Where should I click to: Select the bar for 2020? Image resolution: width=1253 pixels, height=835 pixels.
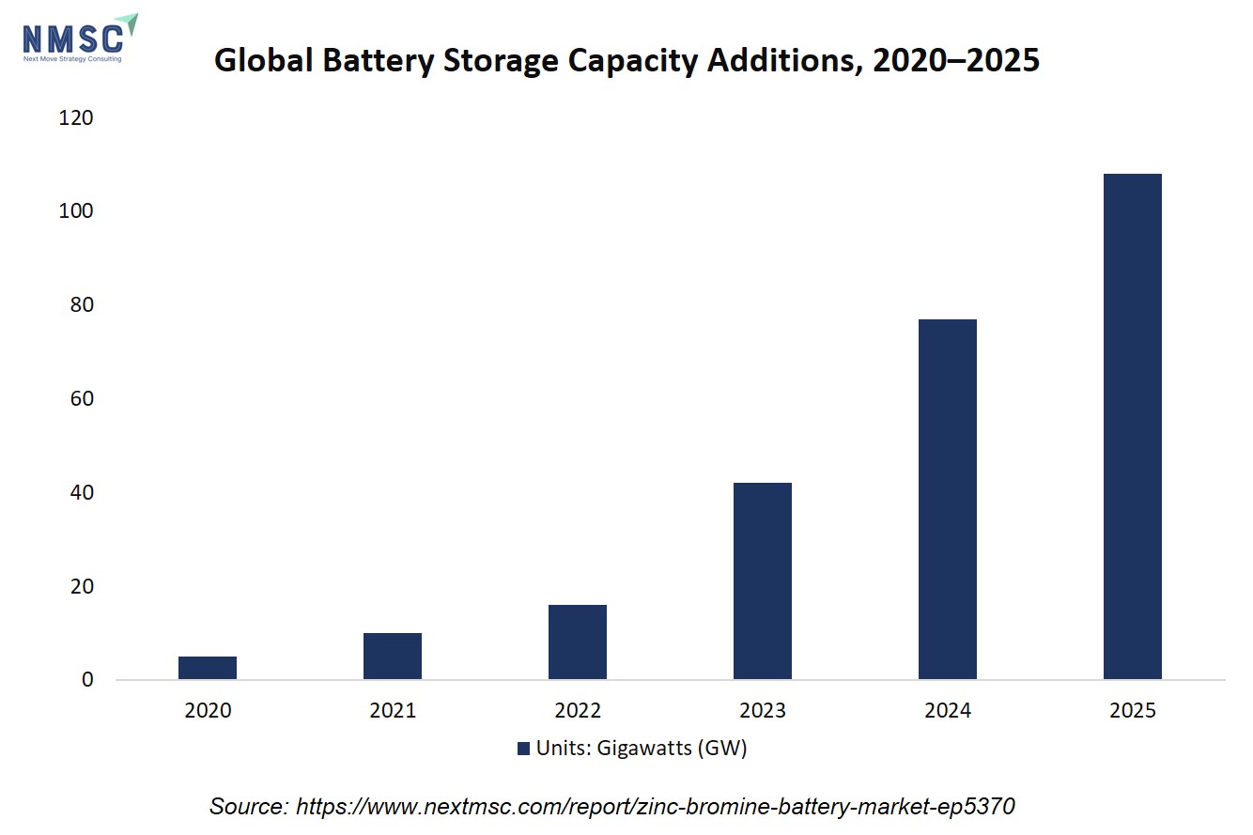208,668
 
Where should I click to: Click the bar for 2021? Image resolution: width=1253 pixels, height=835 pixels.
393,656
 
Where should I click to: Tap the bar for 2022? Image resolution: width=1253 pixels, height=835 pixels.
578,642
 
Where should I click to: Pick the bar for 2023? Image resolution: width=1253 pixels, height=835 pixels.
763,581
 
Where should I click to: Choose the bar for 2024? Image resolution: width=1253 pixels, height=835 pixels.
948,500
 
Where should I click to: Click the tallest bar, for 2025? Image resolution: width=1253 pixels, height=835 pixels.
1133,426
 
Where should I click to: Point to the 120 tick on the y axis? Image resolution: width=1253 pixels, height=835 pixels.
76,118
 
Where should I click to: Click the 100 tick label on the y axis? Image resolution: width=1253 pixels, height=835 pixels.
76,211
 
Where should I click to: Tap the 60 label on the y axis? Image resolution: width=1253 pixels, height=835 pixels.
83,399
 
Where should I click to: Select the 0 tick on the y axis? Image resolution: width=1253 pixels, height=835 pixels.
87,679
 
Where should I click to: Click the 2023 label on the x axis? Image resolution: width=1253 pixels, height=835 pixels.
763,710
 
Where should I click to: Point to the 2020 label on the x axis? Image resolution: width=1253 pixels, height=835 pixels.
208,710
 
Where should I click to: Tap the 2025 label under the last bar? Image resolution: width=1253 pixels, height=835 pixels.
1133,710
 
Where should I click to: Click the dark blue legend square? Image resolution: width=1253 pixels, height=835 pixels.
523,749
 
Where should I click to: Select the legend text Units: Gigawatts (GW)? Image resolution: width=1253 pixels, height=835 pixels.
642,749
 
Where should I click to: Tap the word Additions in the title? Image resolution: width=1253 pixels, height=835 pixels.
781,59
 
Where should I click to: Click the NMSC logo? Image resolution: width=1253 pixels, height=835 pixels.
80,38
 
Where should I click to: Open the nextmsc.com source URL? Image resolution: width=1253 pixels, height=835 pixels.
655,807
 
